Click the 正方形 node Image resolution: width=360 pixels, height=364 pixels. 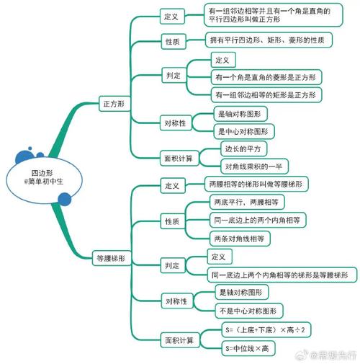114,104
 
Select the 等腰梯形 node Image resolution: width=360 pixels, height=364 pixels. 112,258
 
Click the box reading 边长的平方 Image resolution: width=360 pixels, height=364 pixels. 243,148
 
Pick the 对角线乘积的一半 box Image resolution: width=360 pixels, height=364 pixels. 254,167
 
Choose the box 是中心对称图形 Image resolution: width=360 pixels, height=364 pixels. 244,131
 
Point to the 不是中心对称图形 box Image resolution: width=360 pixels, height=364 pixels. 249,311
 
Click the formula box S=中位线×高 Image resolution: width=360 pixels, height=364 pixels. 248,348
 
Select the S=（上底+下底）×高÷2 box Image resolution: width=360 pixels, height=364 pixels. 266,330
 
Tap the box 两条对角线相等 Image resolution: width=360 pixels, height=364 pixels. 240,239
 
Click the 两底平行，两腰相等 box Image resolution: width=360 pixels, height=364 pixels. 247,202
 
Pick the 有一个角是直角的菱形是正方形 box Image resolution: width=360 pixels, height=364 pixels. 266,77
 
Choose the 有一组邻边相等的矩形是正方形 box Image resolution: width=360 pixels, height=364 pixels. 266,95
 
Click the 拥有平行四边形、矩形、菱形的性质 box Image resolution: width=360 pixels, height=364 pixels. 269,40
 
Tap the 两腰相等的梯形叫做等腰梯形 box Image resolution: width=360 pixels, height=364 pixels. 256,184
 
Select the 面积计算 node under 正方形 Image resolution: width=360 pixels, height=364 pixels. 179,159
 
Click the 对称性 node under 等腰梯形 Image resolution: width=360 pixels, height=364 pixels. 177,301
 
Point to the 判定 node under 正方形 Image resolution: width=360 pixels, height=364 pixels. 174,76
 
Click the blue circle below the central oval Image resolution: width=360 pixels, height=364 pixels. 65,199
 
